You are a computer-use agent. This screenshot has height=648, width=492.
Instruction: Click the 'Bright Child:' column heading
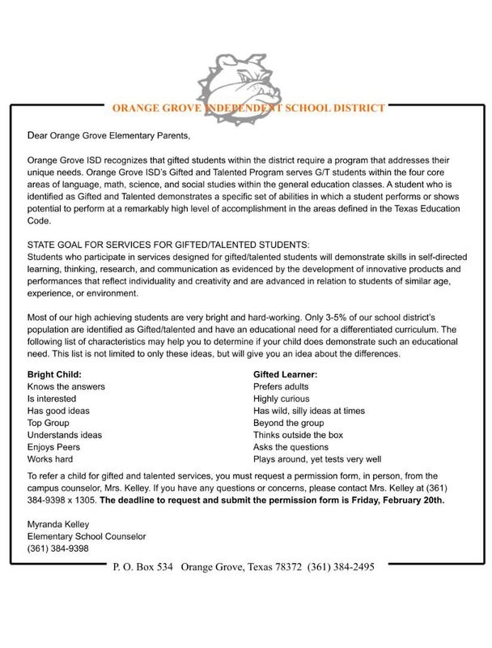coord(55,374)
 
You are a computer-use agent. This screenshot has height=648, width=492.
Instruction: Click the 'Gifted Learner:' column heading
coord(285,374)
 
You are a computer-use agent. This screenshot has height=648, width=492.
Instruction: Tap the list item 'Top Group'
coord(49,422)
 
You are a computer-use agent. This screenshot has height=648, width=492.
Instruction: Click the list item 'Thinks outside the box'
coord(298,434)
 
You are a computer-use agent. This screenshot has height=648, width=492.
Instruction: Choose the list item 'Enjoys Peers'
coord(54,446)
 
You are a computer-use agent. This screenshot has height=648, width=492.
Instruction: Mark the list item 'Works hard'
coord(50,458)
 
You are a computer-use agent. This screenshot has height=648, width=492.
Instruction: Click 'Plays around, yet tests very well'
coord(317,458)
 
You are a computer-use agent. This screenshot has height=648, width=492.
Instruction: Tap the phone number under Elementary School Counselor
coord(58,548)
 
